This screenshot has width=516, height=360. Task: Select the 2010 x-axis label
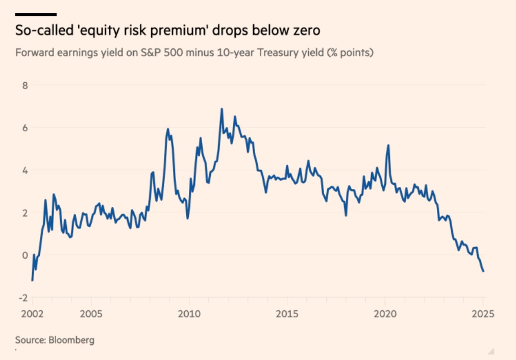tap(189, 313)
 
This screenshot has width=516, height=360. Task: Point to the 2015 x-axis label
tap(287, 313)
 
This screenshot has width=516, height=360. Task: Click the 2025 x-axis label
tap(483, 313)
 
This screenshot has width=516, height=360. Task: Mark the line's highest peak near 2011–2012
tap(222, 109)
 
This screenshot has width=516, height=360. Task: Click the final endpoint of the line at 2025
tap(483, 271)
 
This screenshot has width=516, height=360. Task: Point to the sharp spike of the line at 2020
tap(388, 146)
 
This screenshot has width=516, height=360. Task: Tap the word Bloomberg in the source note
tap(71, 340)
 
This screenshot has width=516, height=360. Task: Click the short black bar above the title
tap(36, 14)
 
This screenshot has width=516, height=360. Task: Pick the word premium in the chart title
tap(171, 31)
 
